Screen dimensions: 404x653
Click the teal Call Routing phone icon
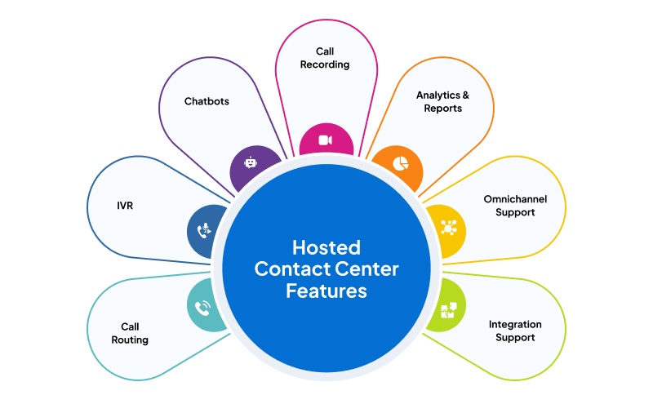(202, 308)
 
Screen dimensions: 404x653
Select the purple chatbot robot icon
(250, 162)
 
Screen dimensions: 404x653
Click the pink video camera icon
(326, 140)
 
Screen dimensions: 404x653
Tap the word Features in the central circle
(326, 291)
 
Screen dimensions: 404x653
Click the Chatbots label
(207, 102)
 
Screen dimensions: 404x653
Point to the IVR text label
(125, 206)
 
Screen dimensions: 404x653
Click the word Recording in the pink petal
(326, 64)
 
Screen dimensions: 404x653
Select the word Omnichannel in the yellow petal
(515, 199)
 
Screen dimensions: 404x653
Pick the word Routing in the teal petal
(131, 340)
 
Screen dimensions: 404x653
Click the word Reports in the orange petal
(444, 109)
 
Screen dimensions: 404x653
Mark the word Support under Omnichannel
(515, 212)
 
